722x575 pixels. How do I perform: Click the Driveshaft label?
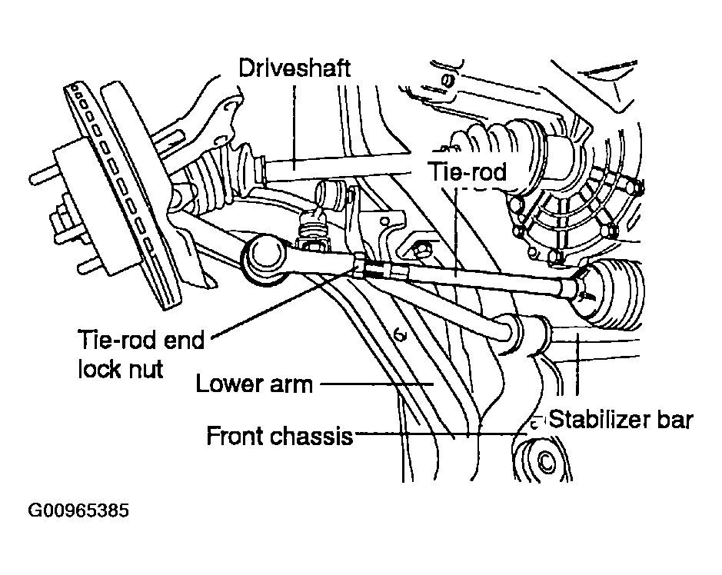(294, 68)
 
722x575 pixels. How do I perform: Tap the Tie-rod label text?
(467, 171)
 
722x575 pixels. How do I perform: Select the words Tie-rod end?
(141, 341)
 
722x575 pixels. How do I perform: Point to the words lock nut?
(120, 369)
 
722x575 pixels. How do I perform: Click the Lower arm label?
(255, 384)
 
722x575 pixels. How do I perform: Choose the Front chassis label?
(280, 436)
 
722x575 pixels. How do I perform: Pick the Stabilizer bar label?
(621, 419)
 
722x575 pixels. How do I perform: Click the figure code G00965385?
(78, 510)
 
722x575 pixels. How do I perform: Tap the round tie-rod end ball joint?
(264, 259)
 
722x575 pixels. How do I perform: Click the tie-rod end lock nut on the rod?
(360, 265)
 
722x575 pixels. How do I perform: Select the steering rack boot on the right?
(612, 293)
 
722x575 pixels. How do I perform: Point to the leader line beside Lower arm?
(377, 383)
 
